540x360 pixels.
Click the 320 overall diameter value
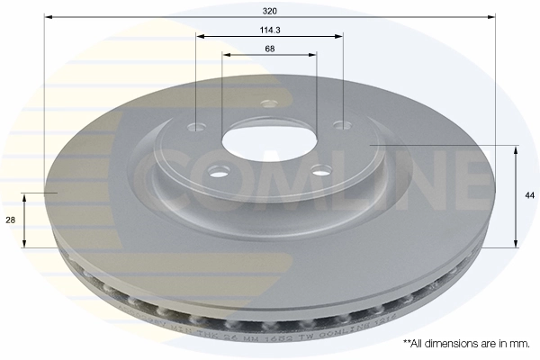pyautogui.click(x=270, y=11)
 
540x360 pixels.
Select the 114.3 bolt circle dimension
pyautogui.click(x=270, y=30)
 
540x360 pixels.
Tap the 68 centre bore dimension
pyautogui.click(x=270, y=49)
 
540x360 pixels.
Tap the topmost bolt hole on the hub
pyautogui.click(x=266, y=103)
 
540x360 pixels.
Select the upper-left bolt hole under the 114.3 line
pyautogui.click(x=197, y=127)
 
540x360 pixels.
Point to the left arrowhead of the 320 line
pyautogui.click(x=48, y=17)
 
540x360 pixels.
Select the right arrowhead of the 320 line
pyautogui.click(x=491, y=17)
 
